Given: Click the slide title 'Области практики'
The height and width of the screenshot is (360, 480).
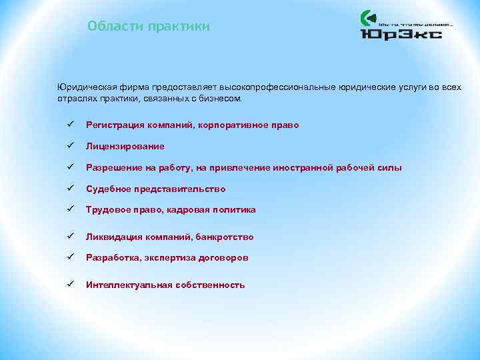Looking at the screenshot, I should coord(149,27).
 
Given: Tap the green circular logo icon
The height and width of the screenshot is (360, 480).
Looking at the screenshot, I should coord(368,18).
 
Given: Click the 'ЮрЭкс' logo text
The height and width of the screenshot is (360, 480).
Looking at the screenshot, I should coord(401,33).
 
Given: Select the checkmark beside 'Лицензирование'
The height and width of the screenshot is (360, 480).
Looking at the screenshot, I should coord(69,145).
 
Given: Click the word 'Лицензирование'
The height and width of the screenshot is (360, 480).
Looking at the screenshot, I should coord(125,146).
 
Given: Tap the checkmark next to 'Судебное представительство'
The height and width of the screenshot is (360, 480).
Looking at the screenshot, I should coord(69,188).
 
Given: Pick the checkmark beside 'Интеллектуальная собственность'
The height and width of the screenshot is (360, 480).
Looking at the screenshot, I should coord(69,284).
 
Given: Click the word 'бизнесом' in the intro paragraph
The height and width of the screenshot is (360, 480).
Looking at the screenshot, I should coord(224,98).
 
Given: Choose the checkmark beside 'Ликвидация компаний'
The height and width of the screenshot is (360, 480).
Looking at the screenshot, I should coord(69,236).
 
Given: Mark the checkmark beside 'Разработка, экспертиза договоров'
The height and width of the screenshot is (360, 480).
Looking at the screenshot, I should coord(69,257).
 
